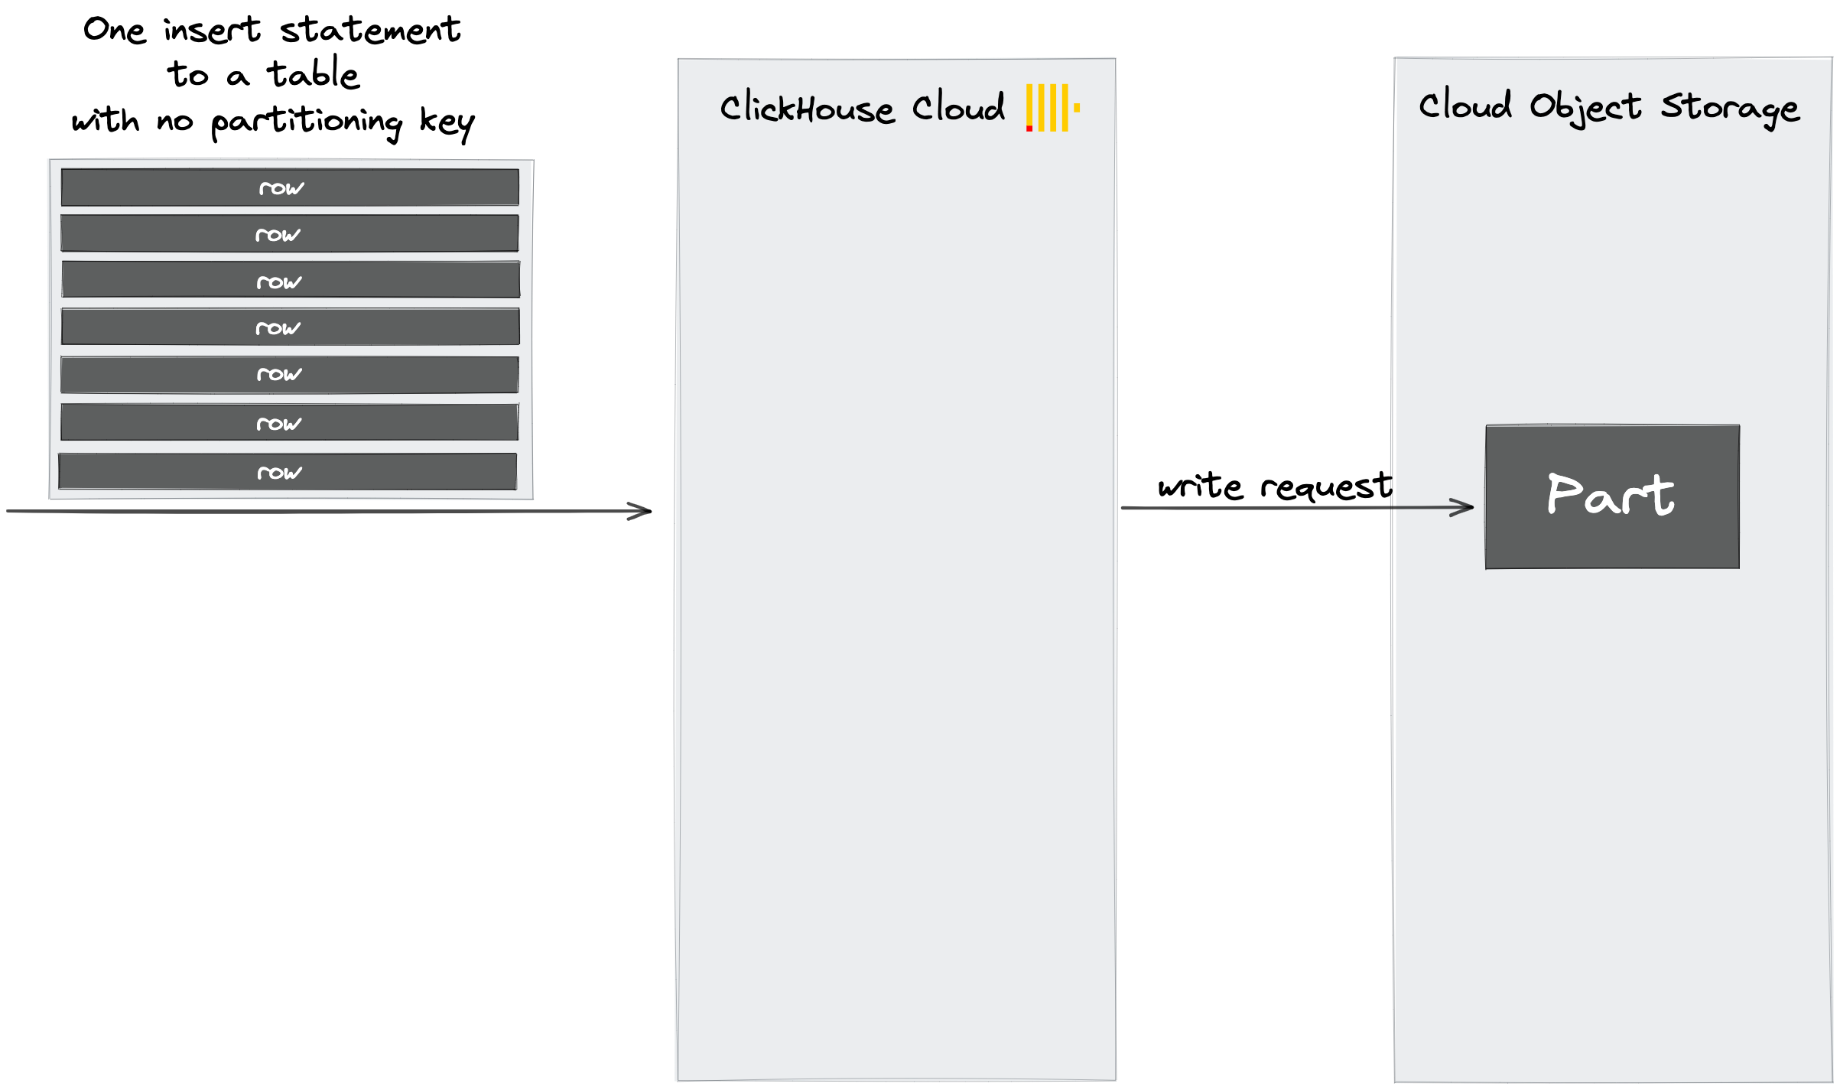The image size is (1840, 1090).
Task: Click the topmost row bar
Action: pyautogui.click(x=290, y=187)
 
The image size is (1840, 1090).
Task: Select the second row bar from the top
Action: pyautogui.click(x=290, y=233)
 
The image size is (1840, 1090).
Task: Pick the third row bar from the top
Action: pyautogui.click(x=290, y=280)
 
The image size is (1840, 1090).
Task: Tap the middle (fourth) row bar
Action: pyautogui.click(x=290, y=327)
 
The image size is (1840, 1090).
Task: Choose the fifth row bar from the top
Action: pyautogui.click(x=290, y=375)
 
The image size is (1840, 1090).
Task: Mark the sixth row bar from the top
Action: pyautogui.click(x=290, y=422)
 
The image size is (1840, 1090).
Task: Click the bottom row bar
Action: pyautogui.click(x=288, y=471)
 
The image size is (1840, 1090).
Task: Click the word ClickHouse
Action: pyautogui.click(x=807, y=109)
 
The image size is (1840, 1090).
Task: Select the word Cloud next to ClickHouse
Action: pyautogui.click(x=958, y=108)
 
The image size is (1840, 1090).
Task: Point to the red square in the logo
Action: pyautogui.click(x=1029, y=129)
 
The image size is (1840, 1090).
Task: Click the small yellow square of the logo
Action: pyautogui.click(x=1077, y=109)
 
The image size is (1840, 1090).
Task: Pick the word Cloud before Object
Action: pyautogui.click(x=1465, y=106)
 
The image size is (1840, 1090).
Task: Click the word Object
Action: pyautogui.click(x=1585, y=108)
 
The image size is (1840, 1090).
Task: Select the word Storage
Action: pyautogui.click(x=1730, y=109)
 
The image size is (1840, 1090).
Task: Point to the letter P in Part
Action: pyautogui.click(x=1562, y=494)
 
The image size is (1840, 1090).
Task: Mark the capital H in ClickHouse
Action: pyautogui.click(x=805, y=109)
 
